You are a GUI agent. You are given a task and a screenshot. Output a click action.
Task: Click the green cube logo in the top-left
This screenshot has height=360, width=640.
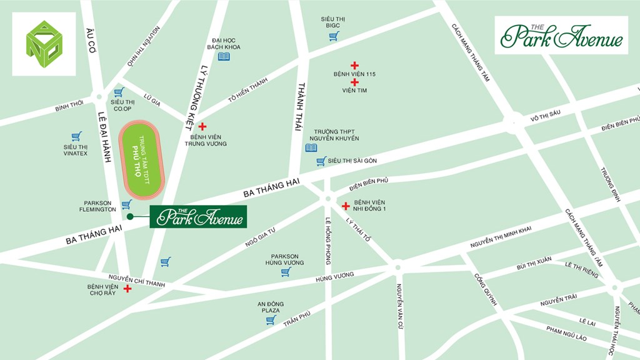pyautogui.click(x=44, y=44)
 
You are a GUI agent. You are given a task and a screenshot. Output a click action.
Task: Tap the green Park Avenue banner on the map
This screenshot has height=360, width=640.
pyautogui.click(x=198, y=217)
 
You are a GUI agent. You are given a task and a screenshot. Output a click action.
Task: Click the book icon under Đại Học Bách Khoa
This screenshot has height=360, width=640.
pyautogui.click(x=224, y=57)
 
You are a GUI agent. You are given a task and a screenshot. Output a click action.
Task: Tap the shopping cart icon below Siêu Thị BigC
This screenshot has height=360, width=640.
pyautogui.click(x=334, y=36)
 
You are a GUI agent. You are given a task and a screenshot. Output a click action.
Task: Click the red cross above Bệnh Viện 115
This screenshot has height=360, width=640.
pyautogui.click(x=354, y=65)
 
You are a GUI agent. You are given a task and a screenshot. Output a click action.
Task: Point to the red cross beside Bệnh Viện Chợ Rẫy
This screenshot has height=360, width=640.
pyautogui.click(x=128, y=289)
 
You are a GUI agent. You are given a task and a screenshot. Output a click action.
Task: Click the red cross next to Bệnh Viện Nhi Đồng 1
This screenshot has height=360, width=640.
pyautogui.click(x=346, y=206)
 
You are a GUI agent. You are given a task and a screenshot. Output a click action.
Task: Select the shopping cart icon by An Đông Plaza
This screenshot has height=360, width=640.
pyautogui.click(x=271, y=320)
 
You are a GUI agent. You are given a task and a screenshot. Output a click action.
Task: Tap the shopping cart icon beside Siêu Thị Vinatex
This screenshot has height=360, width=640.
pyautogui.click(x=76, y=136)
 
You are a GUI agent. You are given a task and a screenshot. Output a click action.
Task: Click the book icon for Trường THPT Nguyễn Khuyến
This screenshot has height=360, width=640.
pyautogui.click(x=311, y=148)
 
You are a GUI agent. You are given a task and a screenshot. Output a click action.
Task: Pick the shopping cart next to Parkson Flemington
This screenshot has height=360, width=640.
pyautogui.click(x=126, y=204)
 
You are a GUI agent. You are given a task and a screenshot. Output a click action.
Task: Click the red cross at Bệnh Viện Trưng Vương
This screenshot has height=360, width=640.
pyautogui.click(x=202, y=126)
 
